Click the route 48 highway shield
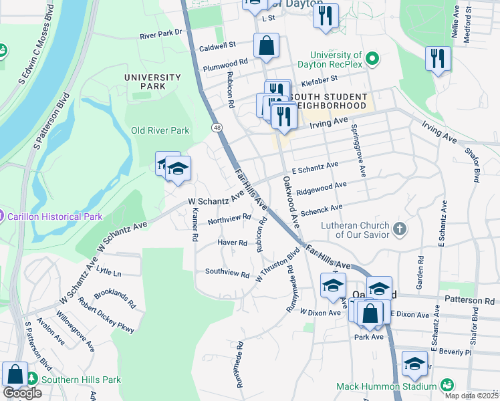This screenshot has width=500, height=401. tap(217, 127)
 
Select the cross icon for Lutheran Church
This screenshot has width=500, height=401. tap(399, 229)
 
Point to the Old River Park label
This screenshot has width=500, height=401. tap(160, 131)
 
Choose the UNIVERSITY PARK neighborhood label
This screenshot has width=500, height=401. tap(152, 82)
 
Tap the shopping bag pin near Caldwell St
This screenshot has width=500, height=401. tap(266, 46)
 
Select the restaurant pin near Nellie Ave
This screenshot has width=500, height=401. tap(438, 58)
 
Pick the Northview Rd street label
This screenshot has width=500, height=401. tap(229, 219)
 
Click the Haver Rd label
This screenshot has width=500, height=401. tap(233, 243)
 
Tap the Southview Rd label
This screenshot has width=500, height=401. tap(227, 273)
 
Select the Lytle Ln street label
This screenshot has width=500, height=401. tap(109, 273)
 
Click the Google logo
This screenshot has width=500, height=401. tap(22, 393)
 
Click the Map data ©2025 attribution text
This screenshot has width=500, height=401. tap(471, 396)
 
